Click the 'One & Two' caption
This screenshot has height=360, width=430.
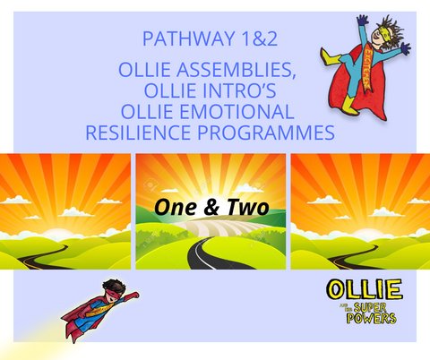[x=211, y=209]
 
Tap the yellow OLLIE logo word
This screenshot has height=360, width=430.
[x=365, y=292]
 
